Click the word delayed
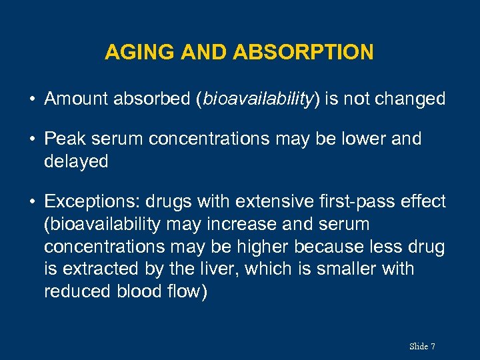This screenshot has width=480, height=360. click(76, 161)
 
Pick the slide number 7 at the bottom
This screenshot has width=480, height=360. click(433, 346)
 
